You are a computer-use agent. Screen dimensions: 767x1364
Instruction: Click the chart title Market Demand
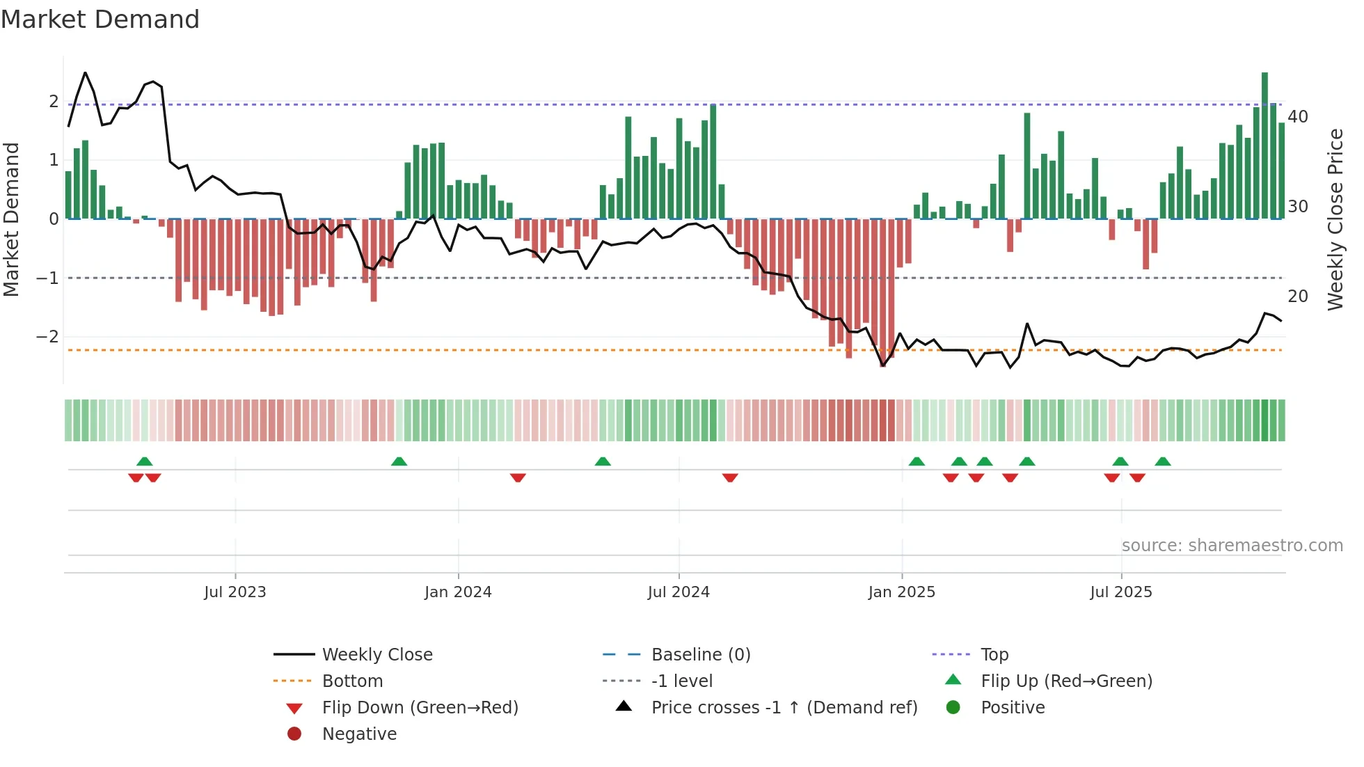[x=100, y=19]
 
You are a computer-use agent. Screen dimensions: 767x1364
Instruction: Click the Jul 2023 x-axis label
[x=235, y=592]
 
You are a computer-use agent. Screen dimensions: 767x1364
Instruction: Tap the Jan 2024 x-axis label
[x=458, y=592]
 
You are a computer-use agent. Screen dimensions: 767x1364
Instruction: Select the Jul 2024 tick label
[x=679, y=592]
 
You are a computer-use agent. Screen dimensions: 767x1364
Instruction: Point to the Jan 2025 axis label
[x=902, y=592]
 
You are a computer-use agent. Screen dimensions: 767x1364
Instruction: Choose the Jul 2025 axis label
[x=1121, y=592]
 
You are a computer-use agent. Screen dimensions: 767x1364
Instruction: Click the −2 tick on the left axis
[x=47, y=337]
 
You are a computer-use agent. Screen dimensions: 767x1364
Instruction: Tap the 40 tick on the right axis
[x=1298, y=117]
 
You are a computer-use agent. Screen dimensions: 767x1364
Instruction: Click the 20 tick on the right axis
[x=1298, y=296]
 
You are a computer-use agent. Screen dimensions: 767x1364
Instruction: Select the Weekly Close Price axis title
[x=1335, y=219]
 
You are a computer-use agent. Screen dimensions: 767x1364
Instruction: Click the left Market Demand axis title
[x=11, y=219]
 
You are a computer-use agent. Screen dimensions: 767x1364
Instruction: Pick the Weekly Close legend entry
[x=376, y=655]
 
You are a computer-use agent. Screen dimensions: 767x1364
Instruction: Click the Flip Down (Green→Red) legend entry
[x=420, y=708]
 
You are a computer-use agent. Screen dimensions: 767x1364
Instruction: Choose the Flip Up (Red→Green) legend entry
[x=1066, y=681]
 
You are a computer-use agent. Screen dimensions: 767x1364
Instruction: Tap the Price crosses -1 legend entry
[x=784, y=708]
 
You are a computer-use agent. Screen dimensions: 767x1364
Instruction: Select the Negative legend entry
[x=359, y=734]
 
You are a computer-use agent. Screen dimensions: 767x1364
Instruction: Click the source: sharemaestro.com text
[x=1232, y=546]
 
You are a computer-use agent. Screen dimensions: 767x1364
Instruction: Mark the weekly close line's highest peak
[x=86, y=73]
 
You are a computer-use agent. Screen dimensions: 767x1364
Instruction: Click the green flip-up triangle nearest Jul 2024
[x=603, y=461]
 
